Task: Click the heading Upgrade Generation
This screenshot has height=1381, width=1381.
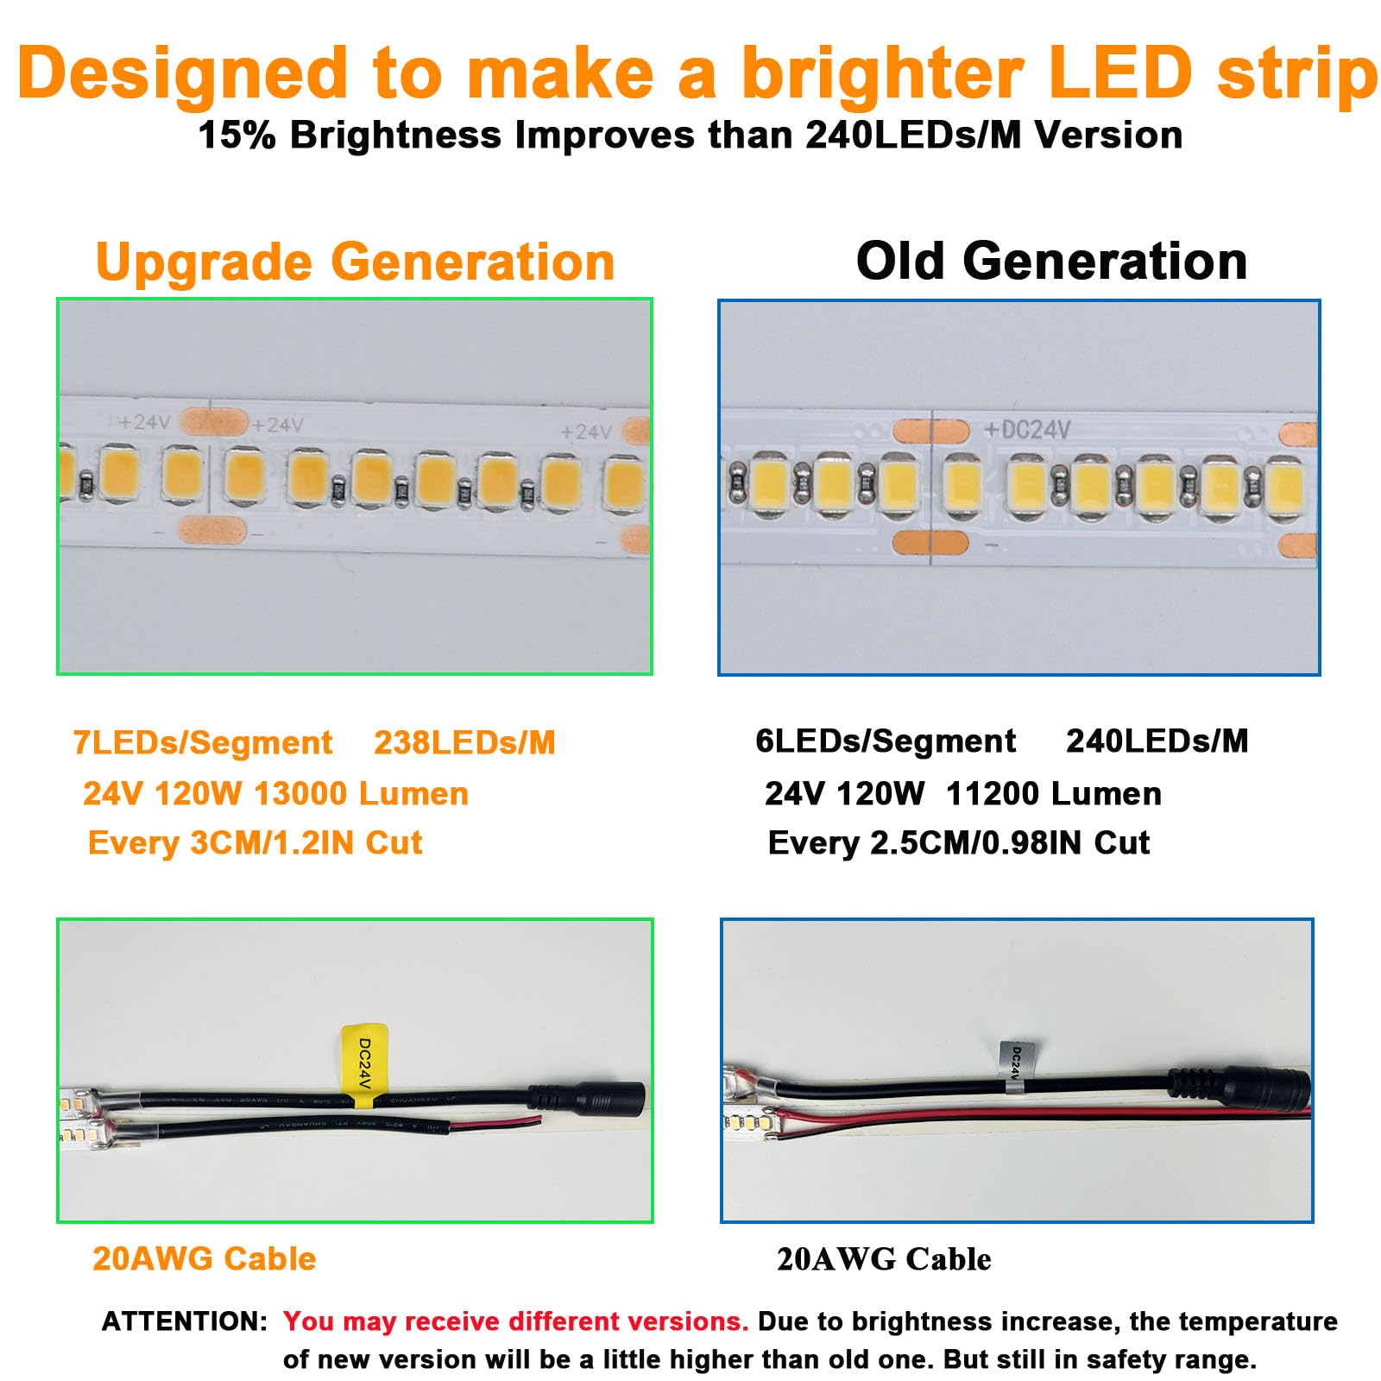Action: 355,262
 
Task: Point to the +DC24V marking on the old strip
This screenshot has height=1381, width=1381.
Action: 1027,429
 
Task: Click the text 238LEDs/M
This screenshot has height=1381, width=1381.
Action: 464,742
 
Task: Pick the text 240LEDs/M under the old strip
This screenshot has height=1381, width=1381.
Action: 1157,741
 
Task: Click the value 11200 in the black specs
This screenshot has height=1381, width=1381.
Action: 990,793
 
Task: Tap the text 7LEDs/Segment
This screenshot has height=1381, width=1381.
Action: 203,742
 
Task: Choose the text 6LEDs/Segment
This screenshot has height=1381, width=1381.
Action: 886,741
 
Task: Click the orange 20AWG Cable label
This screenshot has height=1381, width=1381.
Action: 204,1258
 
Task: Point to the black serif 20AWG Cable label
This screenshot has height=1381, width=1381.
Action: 884,1259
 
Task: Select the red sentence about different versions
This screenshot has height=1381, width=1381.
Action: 515,1321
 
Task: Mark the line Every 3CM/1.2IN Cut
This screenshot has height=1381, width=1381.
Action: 255,842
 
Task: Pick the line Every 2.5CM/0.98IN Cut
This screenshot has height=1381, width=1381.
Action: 958,842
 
